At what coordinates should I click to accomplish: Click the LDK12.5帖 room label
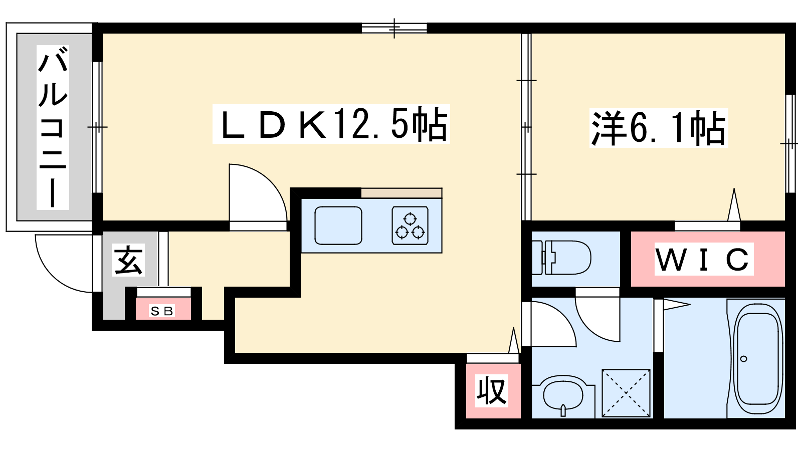coord(331,124)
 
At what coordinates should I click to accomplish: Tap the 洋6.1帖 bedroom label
coord(659,128)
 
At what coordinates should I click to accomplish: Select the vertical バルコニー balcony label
coord(53,127)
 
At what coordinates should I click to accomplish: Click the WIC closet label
coord(704,259)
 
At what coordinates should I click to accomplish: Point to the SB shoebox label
coord(162,311)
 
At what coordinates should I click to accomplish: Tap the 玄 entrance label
coord(129,260)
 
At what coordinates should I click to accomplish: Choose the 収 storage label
coord(492,391)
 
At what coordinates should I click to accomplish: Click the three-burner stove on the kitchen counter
coord(410,225)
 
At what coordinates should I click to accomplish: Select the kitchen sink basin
coord(338,225)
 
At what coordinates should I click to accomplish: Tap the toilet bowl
coord(561,258)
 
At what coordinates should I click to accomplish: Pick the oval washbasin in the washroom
coord(563,395)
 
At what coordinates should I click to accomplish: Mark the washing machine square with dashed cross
coord(626,393)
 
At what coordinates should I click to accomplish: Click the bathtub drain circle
coord(743,359)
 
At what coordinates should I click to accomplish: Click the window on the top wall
coord(394,28)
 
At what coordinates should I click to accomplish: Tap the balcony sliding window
coord(97,127)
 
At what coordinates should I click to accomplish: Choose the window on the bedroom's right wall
coord(790,144)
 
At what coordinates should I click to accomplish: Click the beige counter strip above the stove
coord(402,193)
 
